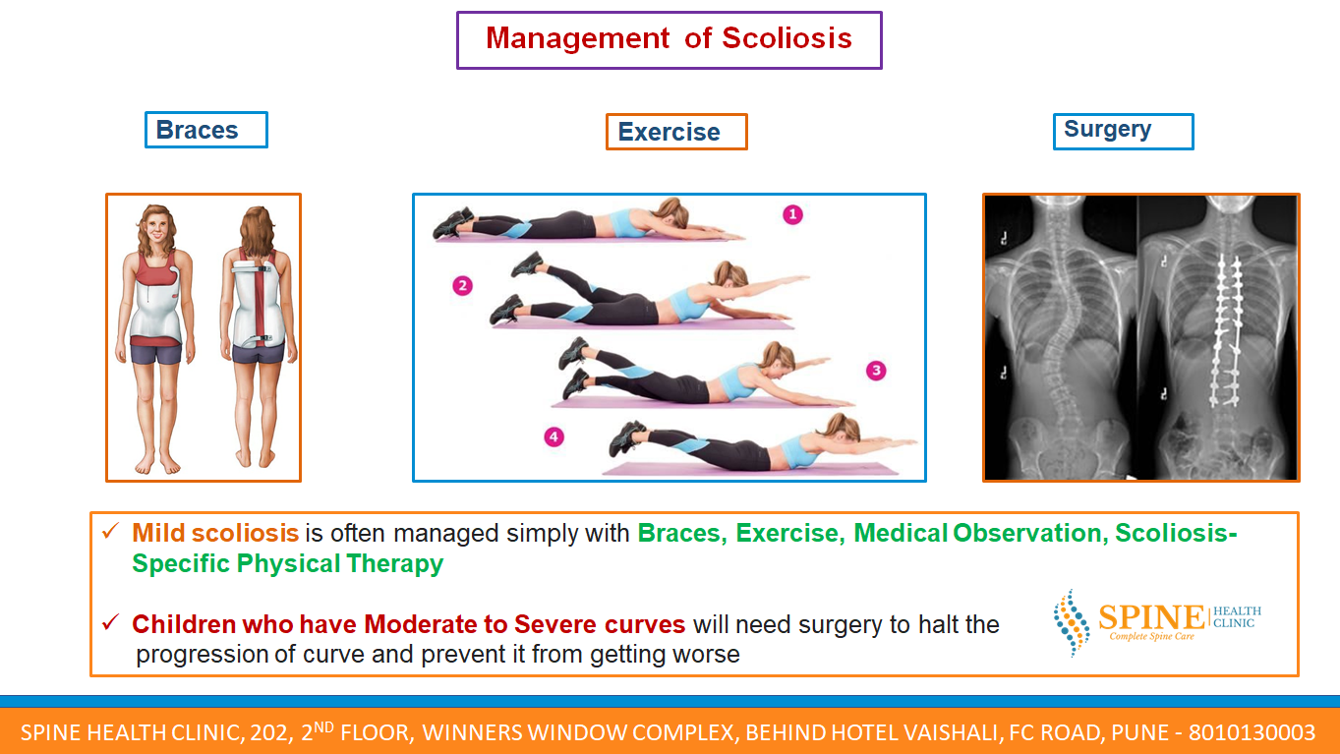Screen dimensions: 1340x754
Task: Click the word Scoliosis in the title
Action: (x=787, y=38)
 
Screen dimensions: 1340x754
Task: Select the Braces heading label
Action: (x=206, y=130)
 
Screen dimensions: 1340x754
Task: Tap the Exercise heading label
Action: (x=676, y=132)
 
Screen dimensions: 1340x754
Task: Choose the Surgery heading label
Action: (x=1124, y=132)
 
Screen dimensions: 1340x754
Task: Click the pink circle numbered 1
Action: (x=792, y=214)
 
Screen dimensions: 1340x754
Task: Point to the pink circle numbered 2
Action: (x=462, y=286)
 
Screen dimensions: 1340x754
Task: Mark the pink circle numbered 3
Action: (x=876, y=371)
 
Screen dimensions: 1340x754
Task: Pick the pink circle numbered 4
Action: (x=553, y=437)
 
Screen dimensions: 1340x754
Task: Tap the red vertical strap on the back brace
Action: (x=261, y=302)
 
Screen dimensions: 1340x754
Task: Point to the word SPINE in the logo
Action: (x=1151, y=617)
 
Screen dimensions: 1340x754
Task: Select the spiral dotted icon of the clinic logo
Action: (x=1072, y=622)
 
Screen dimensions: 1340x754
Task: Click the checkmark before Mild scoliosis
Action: (x=111, y=531)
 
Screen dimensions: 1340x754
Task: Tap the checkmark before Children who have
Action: (x=111, y=622)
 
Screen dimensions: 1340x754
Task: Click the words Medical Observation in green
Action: (x=977, y=533)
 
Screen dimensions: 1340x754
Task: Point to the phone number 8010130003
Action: (x=1253, y=732)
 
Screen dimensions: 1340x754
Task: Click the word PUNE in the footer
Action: (x=1139, y=732)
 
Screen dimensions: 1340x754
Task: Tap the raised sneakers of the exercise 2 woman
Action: (x=526, y=264)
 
